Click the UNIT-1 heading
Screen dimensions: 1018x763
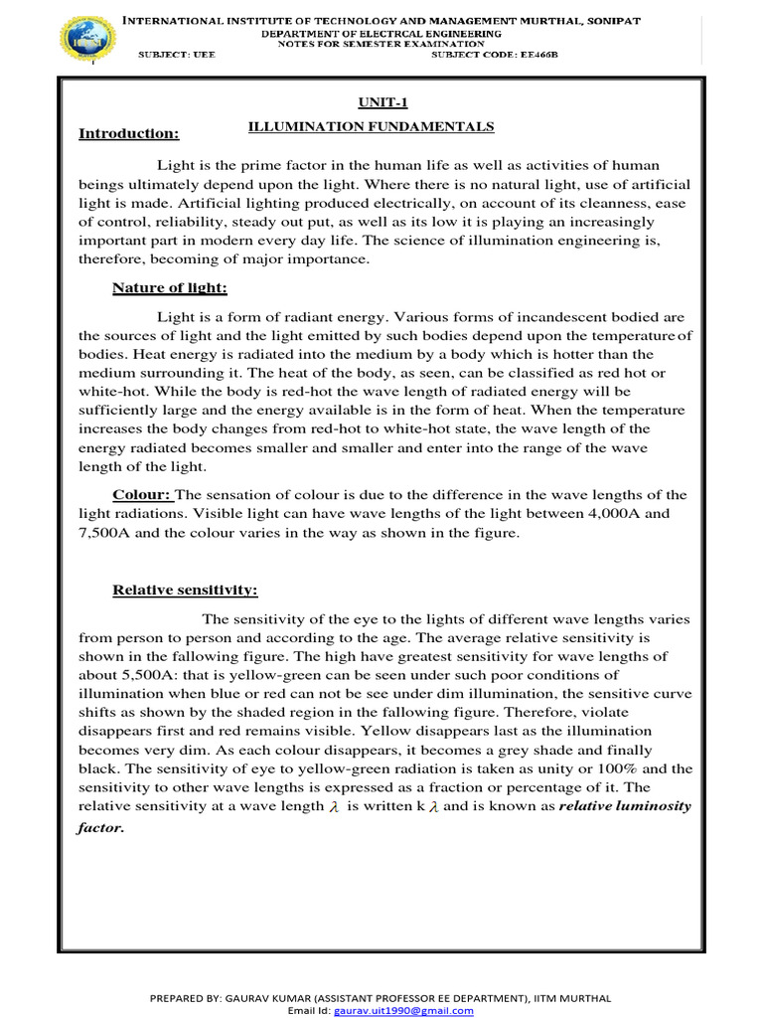[x=377, y=101]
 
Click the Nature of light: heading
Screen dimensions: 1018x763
[x=170, y=288]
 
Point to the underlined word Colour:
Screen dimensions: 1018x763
[x=143, y=495]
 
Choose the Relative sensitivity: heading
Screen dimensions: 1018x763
[x=185, y=591]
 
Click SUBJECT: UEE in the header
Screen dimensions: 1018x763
[x=176, y=54]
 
